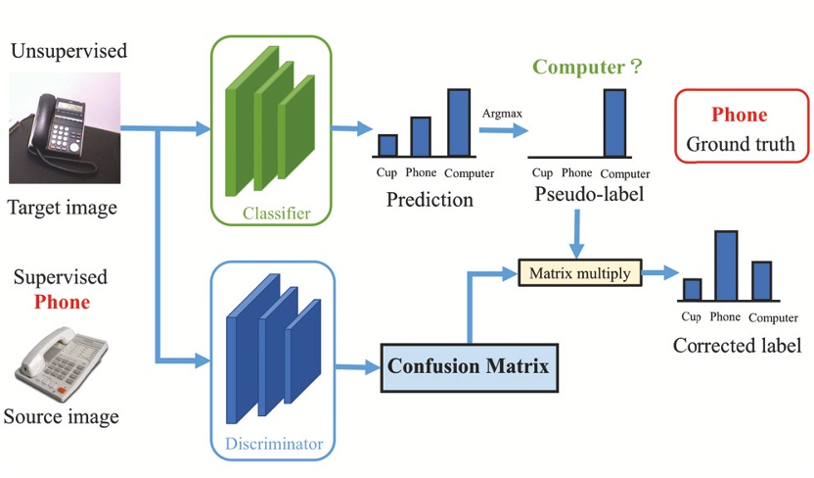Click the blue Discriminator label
pyautogui.click(x=274, y=444)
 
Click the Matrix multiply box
pyautogui.click(x=578, y=272)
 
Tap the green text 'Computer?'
pyautogui.click(x=586, y=68)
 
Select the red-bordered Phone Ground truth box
pyautogui.click(x=741, y=130)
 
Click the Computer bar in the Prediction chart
pyautogui.click(x=459, y=122)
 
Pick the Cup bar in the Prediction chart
pyautogui.click(x=387, y=145)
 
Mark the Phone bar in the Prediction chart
pyautogui.click(x=421, y=136)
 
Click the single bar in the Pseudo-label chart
pyautogui.click(x=614, y=122)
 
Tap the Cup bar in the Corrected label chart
pyautogui.click(x=692, y=289)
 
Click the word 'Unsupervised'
pyautogui.click(x=68, y=50)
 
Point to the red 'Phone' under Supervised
pyautogui.click(x=62, y=303)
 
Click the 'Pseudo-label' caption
pyautogui.click(x=589, y=195)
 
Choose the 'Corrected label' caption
pyautogui.click(x=737, y=346)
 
